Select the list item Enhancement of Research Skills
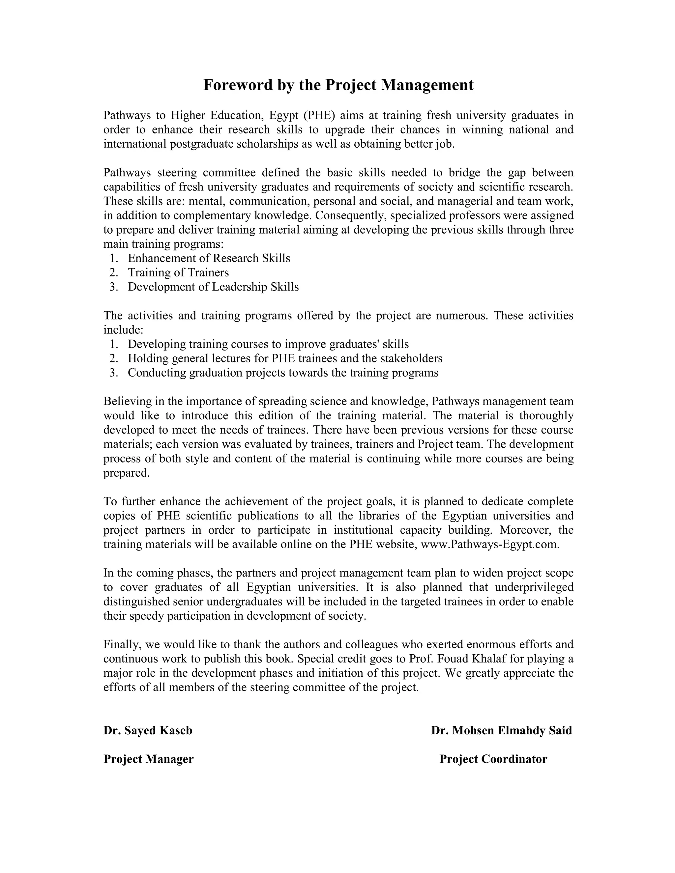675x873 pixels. [209, 258]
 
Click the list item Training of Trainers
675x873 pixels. [178, 273]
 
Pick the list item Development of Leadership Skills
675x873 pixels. [213, 287]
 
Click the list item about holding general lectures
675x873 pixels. [285, 358]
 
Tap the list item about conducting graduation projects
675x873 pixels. [283, 373]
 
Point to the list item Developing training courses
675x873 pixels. [268, 344]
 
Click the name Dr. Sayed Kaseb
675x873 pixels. [148, 730]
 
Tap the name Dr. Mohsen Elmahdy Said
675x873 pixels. [501, 730]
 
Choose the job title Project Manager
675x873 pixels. [148, 759]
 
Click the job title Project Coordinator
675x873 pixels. [493, 759]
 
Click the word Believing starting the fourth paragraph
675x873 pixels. [126, 401]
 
